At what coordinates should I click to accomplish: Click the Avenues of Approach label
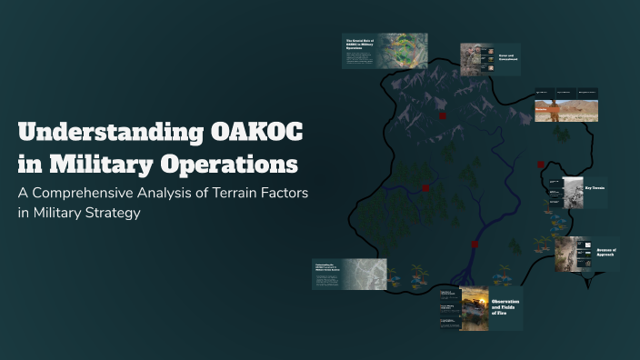click(606, 253)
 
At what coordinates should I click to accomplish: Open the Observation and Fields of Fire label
click(506, 306)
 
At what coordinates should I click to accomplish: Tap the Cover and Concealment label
click(507, 58)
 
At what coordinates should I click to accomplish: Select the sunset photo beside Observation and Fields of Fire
click(474, 308)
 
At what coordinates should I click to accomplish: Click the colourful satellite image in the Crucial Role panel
click(403, 51)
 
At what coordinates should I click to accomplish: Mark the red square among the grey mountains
click(443, 116)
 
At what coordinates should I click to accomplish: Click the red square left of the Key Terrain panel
click(541, 165)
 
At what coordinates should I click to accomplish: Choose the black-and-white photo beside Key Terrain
click(573, 191)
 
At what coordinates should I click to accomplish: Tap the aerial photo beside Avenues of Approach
click(574, 254)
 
